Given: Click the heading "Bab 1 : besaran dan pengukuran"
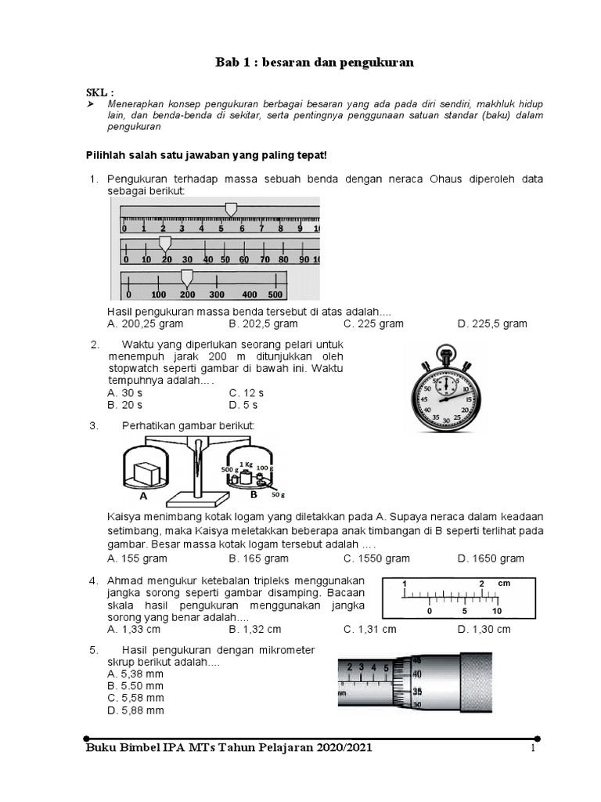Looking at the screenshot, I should [314, 63].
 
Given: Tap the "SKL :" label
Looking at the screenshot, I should [99, 92].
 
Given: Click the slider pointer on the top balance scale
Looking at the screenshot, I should [230, 209].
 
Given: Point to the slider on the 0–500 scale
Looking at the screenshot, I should [186, 276].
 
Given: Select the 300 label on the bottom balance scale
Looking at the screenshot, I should [216, 294].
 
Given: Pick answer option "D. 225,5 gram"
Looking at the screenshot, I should [492, 323].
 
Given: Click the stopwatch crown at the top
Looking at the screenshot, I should [444, 350].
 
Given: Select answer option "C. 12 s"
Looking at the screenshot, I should [247, 392].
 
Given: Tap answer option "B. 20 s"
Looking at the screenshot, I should [125, 405].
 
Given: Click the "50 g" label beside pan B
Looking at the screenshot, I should [277, 496].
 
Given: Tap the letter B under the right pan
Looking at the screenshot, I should [253, 494].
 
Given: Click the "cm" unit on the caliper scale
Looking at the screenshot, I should [504, 583].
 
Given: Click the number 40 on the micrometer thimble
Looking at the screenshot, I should [417, 674].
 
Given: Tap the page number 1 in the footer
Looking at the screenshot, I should [532, 749].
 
